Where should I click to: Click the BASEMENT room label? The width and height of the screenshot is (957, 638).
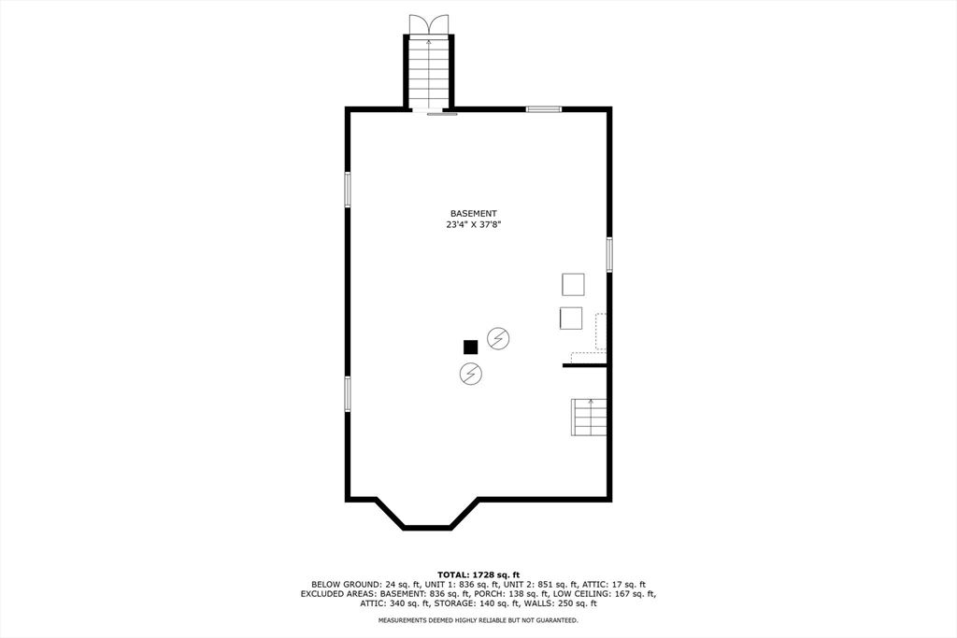click(x=473, y=213)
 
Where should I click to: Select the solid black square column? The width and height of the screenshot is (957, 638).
click(x=471, y=347)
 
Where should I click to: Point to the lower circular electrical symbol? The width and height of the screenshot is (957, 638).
click(x=471, y=375)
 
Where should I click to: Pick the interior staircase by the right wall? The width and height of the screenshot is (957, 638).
click(x=589, y=417)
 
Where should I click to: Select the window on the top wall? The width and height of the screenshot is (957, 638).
click(x=543, y=109)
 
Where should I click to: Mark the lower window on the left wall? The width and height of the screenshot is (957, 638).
click(x=348, y=392)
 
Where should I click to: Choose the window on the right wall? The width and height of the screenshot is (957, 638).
click(x=608, y=254)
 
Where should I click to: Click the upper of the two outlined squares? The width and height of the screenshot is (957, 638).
click(x=573, y=283)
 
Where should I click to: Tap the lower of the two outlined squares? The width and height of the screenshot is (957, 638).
click(x=570, y=318)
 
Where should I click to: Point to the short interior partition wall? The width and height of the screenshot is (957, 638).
click(x=585, y=365)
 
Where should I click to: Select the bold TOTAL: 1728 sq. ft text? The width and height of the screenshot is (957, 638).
click(x=478, y=574)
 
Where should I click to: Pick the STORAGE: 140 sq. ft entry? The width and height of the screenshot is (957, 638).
click(x=491, y=603)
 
